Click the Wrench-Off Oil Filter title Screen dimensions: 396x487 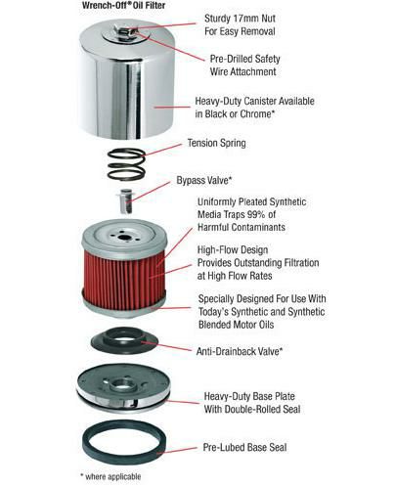coord(123,5)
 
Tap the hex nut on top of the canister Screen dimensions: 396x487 coord(125,33)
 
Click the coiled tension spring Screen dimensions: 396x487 coord(126,164)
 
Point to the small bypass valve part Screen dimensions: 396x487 coord(126,200)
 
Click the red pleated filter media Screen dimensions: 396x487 coord(124,280)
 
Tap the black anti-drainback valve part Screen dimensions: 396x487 coord(124,340)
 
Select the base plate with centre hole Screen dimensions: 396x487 coord(124,388)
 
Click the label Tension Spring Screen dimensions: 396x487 coord(217,144)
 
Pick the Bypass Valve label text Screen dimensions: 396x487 coord(204,180)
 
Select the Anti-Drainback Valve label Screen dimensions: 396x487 coord(239,351)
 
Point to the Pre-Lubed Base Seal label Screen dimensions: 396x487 coord(244,447)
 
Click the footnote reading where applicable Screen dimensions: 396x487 coord(110,476)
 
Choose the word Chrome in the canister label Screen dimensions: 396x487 coord(257,114)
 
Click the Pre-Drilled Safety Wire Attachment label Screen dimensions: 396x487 coord(244,66)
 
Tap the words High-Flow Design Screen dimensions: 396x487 coord(233,250)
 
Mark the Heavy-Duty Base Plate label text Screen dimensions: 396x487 coord(249,396)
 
